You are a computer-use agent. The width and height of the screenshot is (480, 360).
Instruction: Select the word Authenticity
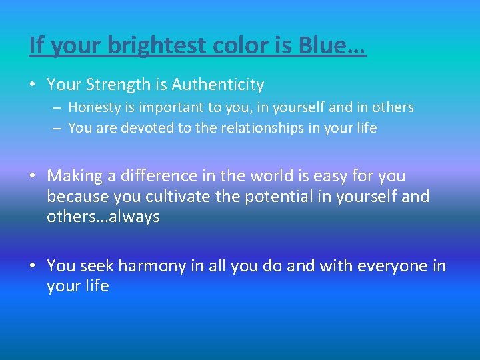pyautogui.click(x=218, y=85)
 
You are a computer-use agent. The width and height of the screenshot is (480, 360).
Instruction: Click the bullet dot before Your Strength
pyautogui.click(x=32, y=85)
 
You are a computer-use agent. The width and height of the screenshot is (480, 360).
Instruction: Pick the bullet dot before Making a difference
pyautogui.click(x=32, y=177)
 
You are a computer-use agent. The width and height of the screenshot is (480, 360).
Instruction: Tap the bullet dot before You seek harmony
pyautogui.click(x=32, y=267)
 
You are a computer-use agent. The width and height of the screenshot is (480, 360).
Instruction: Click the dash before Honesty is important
pyautogui.click(x=58, y=107)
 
